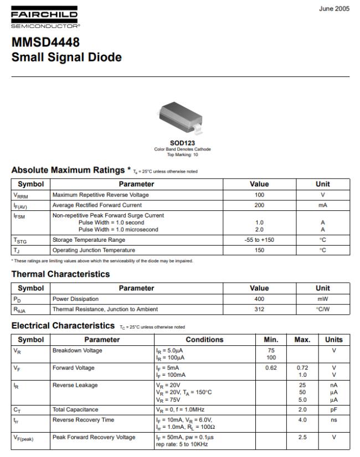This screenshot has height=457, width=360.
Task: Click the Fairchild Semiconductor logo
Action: [45, 19]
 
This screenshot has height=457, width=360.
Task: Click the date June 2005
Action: [334, 9]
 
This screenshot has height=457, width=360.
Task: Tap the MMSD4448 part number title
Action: [45, 43]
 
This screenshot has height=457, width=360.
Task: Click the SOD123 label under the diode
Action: [182, 143]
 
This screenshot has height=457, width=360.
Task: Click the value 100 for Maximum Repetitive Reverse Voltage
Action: [259, 195]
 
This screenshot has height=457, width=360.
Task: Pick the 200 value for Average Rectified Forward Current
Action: [259, 205]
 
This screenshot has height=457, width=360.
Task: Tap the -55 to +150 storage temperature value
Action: [259, 240]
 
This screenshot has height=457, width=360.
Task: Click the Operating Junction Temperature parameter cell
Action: [94, 250]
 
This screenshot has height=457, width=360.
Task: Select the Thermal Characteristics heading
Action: [60, 274]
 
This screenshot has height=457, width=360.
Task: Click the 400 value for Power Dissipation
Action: [259, 299]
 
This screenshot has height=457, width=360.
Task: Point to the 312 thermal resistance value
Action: [259, 309]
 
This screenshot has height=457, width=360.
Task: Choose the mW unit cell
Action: [322, 299]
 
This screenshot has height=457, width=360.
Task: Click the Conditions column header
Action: [204, 340]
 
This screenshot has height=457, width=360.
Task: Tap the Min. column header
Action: [271, 340]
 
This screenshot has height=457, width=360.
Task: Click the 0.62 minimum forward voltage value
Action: [271, 368]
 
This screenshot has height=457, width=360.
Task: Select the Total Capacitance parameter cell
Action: [75, 409]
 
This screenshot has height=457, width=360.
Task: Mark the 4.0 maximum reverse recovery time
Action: [302, 420]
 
